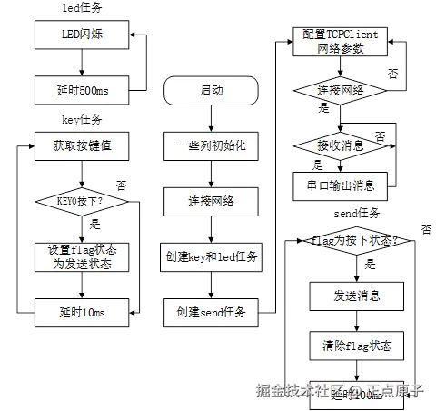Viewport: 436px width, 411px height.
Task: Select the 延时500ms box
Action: pyautogui.click(x=81, y=90)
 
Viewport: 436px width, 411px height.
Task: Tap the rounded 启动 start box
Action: pyautogui.click(x=212, y=90)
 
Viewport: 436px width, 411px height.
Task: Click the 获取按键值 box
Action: pyautogui.click(x=81, y=145)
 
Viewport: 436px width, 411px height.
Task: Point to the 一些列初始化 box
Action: pyautogui.click(x=212, y=145)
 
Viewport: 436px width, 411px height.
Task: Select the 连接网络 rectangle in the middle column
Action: pyautogui.click(x=212, y=200)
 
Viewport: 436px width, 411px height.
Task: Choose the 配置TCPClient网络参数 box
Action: pyautogui.click(x=342, y=41)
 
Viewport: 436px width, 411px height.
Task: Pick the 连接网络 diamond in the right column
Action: pyautogui.click(x=342, y=91)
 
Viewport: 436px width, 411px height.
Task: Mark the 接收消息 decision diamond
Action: pyautogui.click(x=342, y=145)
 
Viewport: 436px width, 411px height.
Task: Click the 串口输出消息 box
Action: pyautogui.click(x=342, y=185)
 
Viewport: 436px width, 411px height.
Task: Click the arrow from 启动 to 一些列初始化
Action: pyautogui.click(x=212, y=117)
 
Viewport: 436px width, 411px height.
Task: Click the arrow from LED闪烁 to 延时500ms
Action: pyautogui.click(x=82, y=63)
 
